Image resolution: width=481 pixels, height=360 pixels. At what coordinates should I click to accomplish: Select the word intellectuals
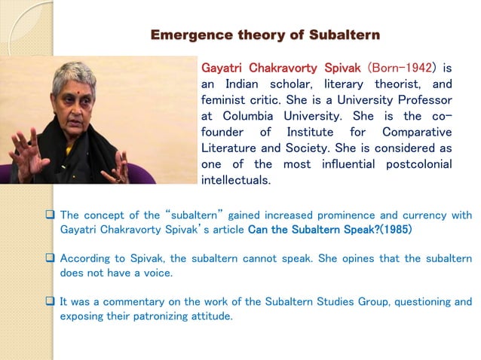235,181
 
